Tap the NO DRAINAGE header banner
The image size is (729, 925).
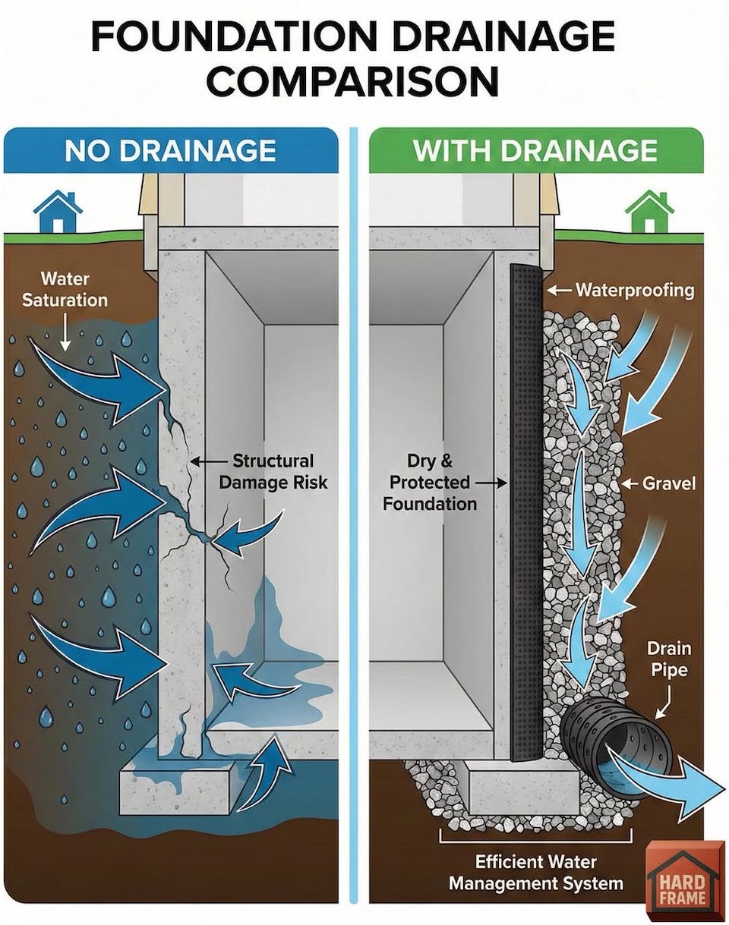(171, 150)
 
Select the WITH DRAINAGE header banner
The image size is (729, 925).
(536, 150)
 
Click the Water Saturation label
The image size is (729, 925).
(65, 290)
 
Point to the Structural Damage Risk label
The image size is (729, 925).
(273, 471)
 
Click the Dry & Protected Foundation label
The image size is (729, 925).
(430, 483)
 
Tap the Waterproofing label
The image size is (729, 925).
(635, 291)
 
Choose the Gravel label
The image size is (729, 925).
(669, 484)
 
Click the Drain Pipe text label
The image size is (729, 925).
(669, 660)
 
